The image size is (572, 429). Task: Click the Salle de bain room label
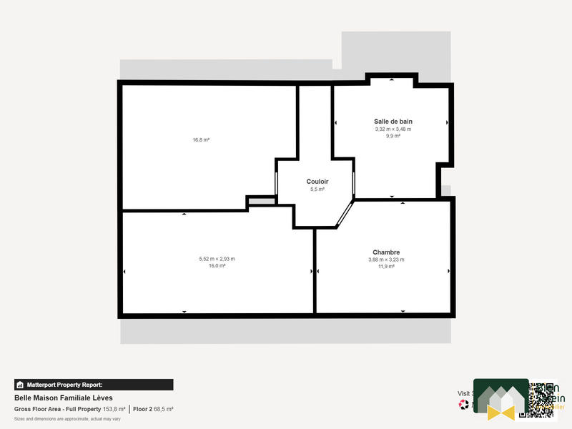point(393,122)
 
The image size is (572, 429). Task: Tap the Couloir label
point(317,182)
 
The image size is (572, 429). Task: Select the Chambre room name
point(385,252)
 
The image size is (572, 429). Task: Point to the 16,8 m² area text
point(201,140)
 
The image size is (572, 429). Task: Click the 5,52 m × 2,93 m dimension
point(217,259)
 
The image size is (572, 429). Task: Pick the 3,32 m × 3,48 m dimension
point(393,129)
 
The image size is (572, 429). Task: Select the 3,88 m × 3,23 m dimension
point(385,260)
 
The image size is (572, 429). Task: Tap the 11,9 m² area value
point(385,266)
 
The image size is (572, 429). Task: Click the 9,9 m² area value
point(393,136)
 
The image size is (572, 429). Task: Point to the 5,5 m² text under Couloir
point(317,189)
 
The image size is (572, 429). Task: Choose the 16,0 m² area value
point(217,265)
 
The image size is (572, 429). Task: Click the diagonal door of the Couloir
point(345,214)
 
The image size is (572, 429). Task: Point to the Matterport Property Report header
point(94,385)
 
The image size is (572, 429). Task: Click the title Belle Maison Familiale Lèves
point(63,398)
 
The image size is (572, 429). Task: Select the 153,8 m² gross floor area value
point(114,409)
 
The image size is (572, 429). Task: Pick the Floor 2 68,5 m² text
point(153,409)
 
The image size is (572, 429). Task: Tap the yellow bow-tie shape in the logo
point(500,411)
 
